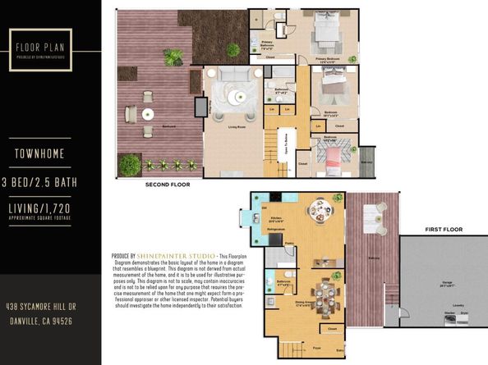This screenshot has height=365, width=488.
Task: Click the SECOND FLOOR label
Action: pos(168,185)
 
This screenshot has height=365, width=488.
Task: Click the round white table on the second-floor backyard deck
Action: pos(149,115)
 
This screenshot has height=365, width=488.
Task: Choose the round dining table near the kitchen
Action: pos(317,212)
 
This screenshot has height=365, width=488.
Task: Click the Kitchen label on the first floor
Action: pos(276,219)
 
